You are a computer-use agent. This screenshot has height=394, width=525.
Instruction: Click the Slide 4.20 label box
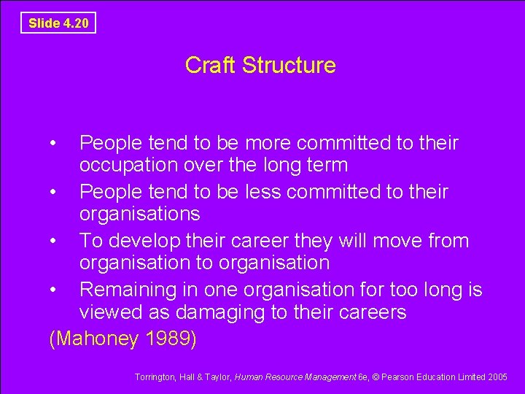pos(58,23)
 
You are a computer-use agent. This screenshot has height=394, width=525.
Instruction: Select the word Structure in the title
pos(289,65)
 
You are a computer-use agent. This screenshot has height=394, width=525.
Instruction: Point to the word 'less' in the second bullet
pos(257,192)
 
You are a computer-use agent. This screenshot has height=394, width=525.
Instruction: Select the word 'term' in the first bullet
pos(326,166)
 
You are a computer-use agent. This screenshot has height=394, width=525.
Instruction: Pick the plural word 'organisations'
pos(139,215)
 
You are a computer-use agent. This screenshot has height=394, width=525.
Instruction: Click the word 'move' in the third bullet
pos(389,241)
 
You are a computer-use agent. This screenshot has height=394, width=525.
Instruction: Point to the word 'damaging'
pos(229,312)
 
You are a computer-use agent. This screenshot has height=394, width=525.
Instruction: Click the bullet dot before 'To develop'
pos(54,241)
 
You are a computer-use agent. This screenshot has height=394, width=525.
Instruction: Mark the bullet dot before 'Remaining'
pos(54,290)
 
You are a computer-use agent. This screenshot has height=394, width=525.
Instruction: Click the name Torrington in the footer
pos(156,377)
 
